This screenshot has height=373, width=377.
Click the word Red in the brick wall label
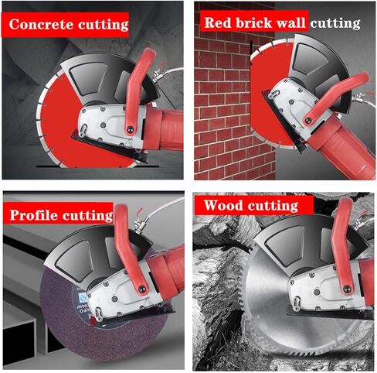[x=217, y=22]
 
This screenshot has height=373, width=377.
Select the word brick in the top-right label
[x=253, y=22]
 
